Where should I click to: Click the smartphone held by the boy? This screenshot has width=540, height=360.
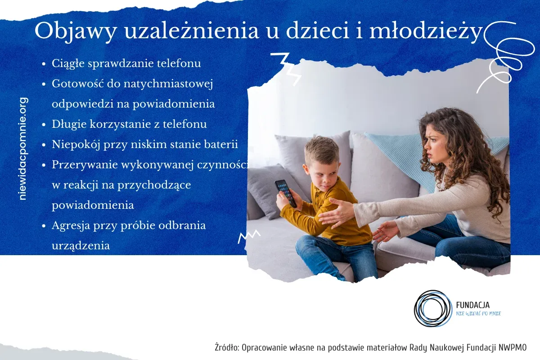click(286, 193)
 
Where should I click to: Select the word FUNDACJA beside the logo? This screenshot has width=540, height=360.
click(472, 305)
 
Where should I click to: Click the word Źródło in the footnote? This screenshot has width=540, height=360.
click(227, 348)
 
